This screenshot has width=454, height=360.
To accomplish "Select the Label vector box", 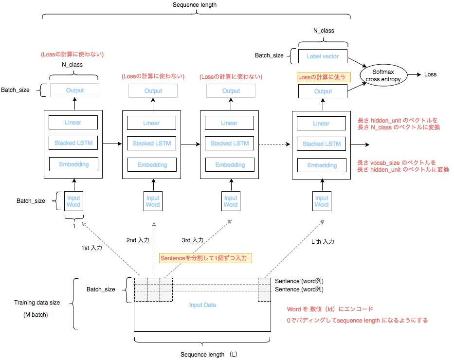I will click(323, 56).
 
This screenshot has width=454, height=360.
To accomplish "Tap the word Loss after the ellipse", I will click(430, 75).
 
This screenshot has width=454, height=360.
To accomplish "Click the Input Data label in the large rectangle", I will click(202, 305).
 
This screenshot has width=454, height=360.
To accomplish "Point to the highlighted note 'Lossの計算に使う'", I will click(323, 77).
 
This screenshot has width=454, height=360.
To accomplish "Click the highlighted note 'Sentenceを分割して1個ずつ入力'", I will click(205, 258).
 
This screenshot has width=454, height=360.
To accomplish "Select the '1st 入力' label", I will click(91, 248).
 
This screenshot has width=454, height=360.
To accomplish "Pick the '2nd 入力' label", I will click(138, 240).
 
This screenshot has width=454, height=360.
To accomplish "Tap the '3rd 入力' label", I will click(193, 240).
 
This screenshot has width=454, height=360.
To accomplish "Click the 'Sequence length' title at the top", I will click(195, 5).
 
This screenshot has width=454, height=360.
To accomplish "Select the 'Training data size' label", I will click(37, 303).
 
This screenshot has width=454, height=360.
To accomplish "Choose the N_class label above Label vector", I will click(323, 31).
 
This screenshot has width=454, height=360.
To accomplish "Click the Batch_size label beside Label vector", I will click(269, 56).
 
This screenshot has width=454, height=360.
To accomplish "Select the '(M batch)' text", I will click(36, 315).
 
